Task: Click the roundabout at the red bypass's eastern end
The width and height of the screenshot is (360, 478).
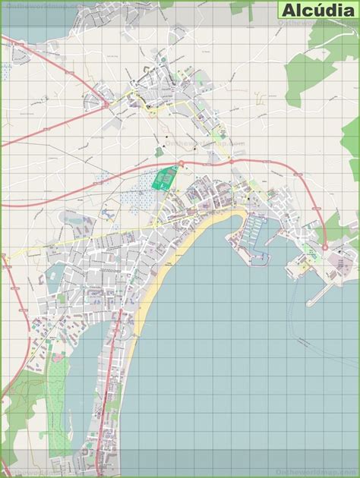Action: coord(325,247)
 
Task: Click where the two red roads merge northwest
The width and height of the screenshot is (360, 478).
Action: coord(106,102)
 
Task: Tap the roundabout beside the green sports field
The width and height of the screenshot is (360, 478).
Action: coord(182,165)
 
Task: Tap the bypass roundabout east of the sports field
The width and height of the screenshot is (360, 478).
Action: coord(230,162)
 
